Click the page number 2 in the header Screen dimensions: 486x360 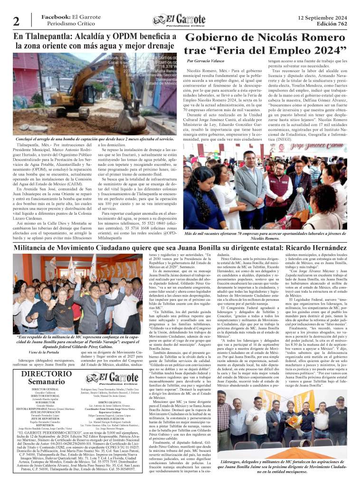[17, 21]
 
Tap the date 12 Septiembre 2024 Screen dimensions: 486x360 [322, 17]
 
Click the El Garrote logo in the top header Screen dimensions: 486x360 [179, 20]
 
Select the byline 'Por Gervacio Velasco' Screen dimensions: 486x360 [205, 61]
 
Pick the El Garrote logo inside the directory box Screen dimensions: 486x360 [111, 368]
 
